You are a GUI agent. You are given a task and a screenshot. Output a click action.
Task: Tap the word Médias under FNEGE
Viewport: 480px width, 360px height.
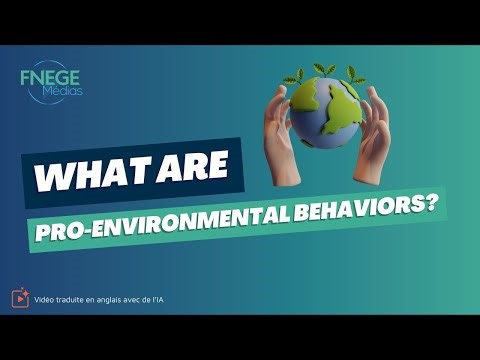(63, 91)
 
